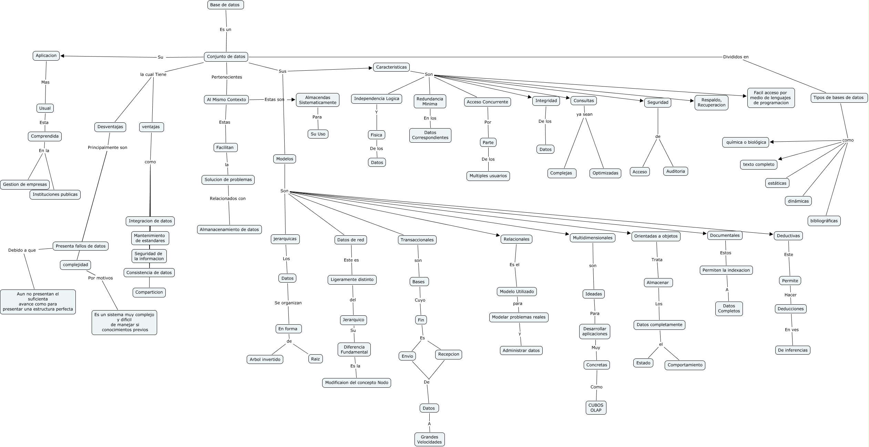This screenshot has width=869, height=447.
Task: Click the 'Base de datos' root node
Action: click(x=226, y=5)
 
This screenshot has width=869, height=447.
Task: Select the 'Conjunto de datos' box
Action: click(x=226, y=57)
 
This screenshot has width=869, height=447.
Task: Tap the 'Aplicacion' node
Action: click(x=46, y=56)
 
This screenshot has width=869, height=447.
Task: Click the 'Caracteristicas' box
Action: click(x=391, y=67)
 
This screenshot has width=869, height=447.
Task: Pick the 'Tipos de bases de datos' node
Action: click(x=838, y=98)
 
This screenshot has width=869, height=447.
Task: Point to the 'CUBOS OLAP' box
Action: click(x=596, y=408)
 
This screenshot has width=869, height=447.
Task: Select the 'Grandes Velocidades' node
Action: click(x=429, y=439)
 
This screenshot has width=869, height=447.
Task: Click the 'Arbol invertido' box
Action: click(x=265, y=359)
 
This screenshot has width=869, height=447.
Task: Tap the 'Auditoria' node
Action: click(x=675, y=171)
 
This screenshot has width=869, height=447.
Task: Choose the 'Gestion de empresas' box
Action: click(x=25, y=184)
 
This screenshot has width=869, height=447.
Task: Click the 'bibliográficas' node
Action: click(x=824, y=221)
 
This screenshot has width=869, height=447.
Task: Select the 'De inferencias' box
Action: click(x=793, y=350)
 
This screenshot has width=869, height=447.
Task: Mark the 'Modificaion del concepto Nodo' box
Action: click(x=357, y=383)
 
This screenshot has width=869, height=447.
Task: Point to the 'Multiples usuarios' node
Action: click(x=488, y=176)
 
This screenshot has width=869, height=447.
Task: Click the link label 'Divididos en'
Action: click(x=736, y=57)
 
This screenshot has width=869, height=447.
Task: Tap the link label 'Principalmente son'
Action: click(x=107, y=148)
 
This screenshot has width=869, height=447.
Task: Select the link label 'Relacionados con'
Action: click(x=227, y=199)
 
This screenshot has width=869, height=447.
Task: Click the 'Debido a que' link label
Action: click(x=22, y=250)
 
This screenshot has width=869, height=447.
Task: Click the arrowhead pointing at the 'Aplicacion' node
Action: click(x=62, y=56)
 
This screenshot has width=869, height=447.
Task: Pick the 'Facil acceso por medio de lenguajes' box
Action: click(x=771, y=98)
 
